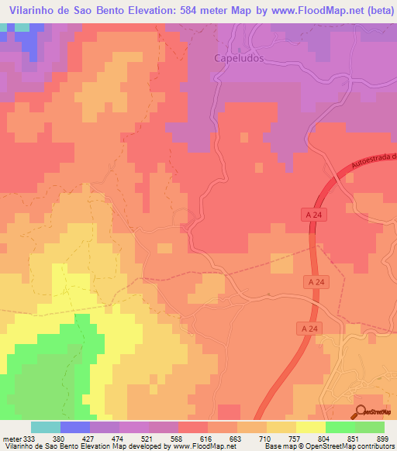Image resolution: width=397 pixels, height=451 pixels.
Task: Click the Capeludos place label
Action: click(x=239, y=58)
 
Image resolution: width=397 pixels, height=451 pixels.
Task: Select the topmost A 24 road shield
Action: click(x=309, y=211)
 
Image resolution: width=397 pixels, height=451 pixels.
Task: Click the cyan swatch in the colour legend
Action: click(x=45, y=426)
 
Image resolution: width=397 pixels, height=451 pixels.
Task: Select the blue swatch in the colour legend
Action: click(x=74, y=426)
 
